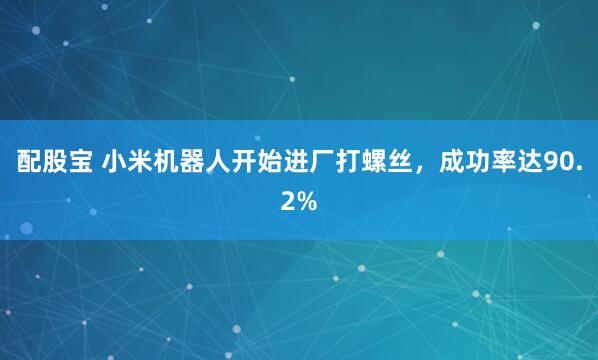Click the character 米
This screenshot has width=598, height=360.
pyautogui.click(x=142, y=162)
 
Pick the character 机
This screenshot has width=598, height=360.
pyautogui.click(x=170, y=162)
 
